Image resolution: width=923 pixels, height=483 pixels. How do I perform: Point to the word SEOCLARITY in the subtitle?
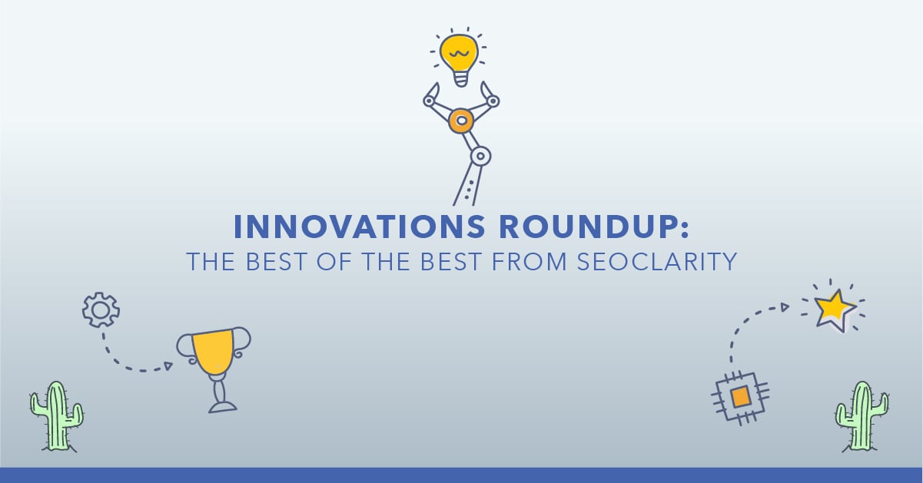tap(657, 262)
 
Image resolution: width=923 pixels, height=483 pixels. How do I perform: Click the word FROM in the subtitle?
tap(530, 262)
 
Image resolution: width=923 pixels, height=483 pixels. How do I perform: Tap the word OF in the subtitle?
tap(334, 262)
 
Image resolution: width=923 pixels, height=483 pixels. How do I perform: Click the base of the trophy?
tap(223, 408)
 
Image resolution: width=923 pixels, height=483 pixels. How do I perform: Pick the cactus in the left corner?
tap(56, 417)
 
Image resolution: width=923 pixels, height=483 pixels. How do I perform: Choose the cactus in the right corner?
tap(862, 417)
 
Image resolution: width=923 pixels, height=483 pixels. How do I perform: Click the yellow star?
tap(834, 309)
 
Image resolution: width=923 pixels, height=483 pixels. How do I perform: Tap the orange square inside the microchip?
tap(740, 398)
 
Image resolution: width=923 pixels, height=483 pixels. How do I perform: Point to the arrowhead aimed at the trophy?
tap(168, 366)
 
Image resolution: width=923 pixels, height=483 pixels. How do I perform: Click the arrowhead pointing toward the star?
tap(785, 306)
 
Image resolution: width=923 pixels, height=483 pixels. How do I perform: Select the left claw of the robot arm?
tap(431, 94)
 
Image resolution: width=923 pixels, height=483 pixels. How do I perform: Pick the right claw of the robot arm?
tap(490, 94)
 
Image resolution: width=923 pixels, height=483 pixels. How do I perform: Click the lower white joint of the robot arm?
tap(480, 156)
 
